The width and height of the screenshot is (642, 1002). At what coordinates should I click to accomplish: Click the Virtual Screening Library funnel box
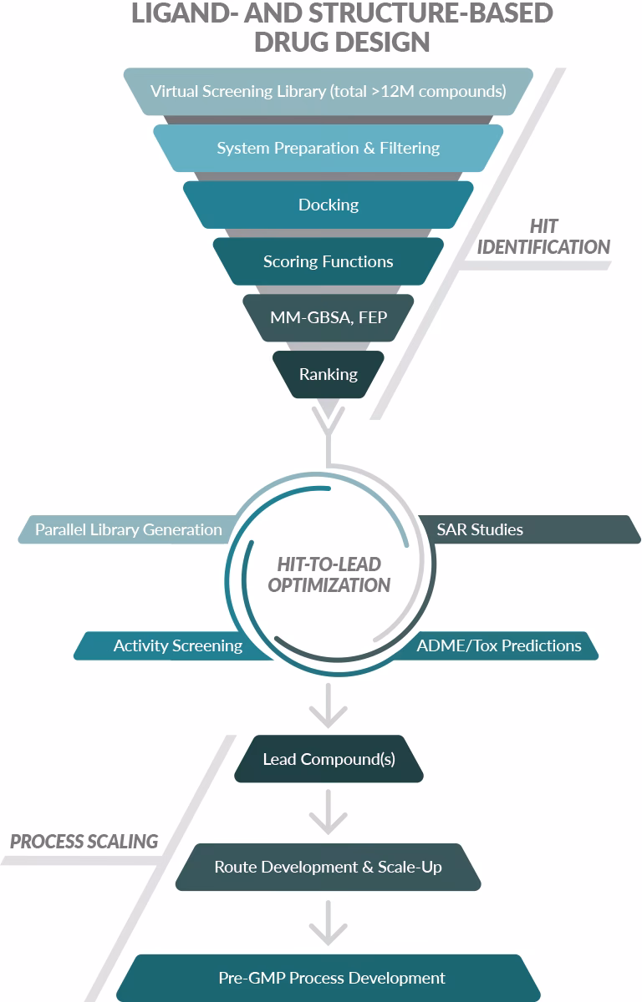(328, 91)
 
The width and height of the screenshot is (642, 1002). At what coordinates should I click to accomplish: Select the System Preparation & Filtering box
(328, 148)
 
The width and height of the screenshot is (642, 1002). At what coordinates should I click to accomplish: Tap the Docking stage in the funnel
(328, 205)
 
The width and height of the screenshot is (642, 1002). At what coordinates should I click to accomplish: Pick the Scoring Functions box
(328, 261)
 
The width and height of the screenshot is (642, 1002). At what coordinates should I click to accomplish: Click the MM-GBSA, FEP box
(328, 317)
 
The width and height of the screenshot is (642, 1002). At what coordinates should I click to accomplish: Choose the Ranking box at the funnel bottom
(328, 374)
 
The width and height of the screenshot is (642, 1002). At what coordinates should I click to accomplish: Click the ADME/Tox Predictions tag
(499, 645)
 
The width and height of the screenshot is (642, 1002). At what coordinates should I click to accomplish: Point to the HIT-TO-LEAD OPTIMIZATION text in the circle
(329, 575)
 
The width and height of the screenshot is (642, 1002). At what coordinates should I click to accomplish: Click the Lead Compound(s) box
(329, 759)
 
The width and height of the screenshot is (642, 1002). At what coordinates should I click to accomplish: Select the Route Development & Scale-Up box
(328, 867)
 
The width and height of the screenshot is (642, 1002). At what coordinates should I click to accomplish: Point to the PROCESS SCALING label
(84, 841)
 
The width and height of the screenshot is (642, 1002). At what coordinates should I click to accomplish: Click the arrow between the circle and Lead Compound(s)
(328, 709)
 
